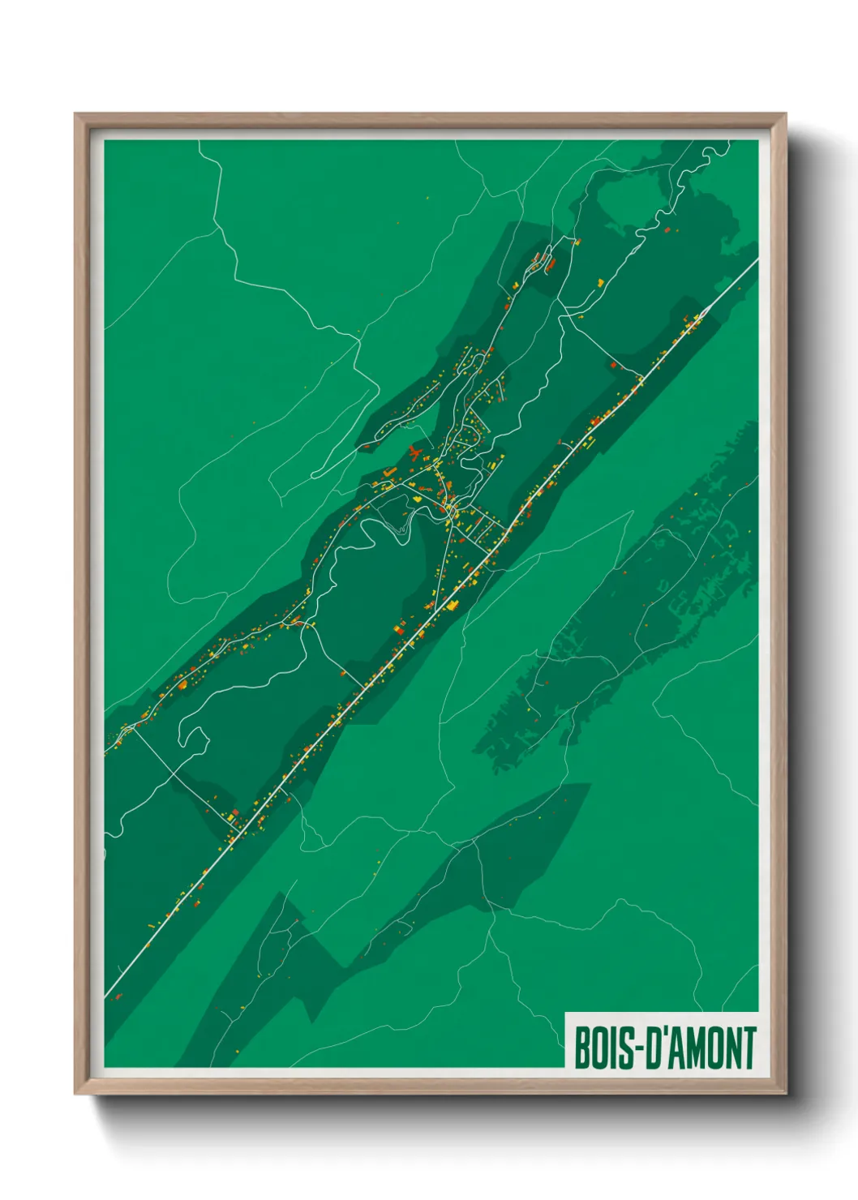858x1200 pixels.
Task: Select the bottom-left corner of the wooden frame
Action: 77,1091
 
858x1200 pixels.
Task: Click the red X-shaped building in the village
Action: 416,452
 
